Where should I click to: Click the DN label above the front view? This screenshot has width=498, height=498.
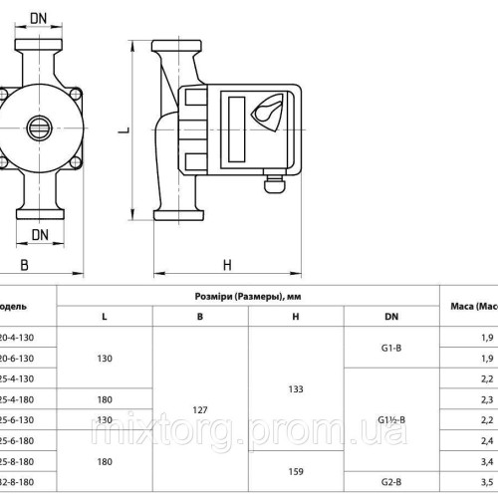40,19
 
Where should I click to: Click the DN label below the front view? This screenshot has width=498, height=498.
40,234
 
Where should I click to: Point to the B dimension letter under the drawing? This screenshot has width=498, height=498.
24,264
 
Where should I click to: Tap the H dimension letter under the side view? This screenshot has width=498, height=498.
226,264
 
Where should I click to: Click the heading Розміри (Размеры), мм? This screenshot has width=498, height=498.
248,296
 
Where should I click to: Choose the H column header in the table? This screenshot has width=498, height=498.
295,317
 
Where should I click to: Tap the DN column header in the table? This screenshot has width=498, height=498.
391,317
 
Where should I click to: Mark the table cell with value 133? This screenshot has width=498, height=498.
295,388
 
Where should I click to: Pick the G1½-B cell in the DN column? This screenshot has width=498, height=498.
391,419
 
